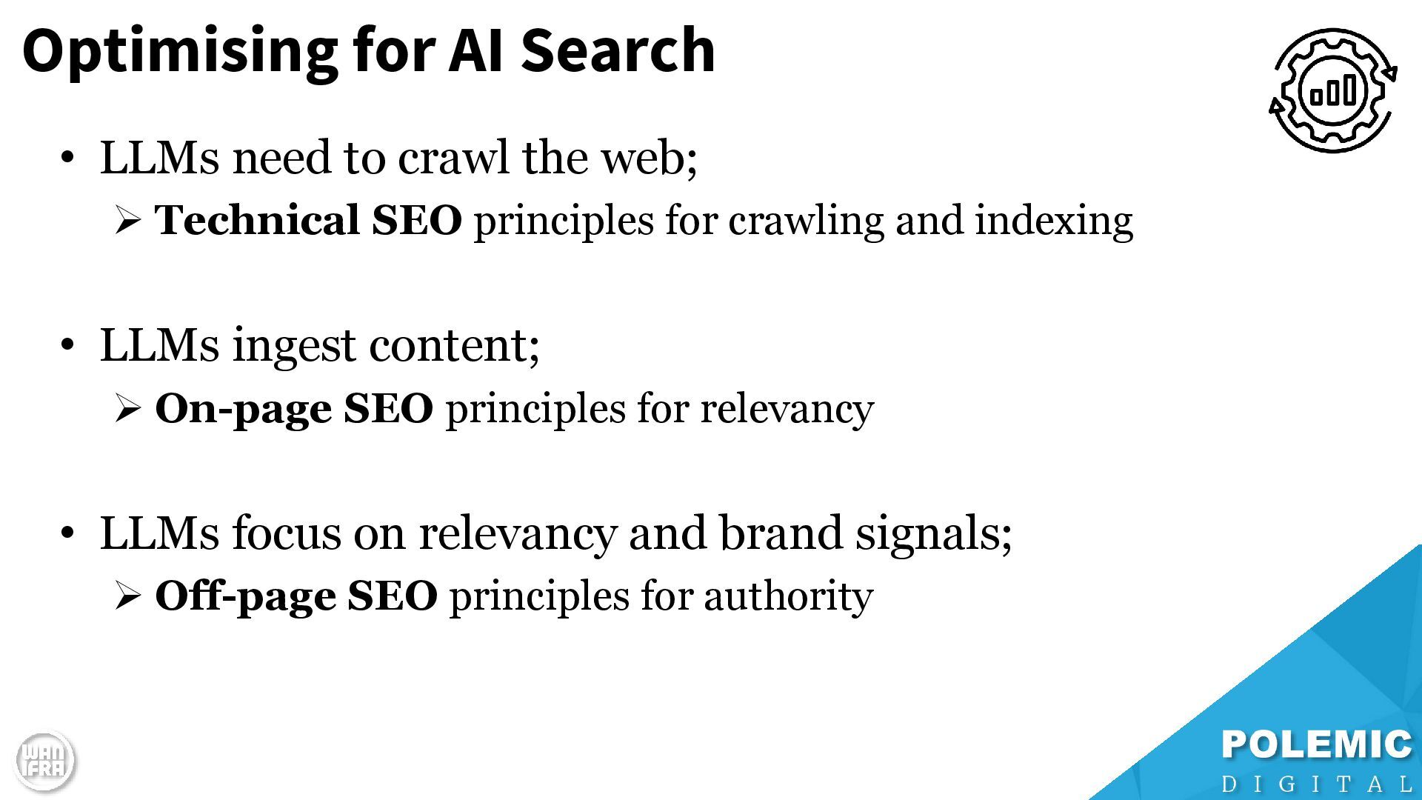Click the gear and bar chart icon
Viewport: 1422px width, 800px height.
click(1332, 90)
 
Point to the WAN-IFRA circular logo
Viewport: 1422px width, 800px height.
click(44, 761)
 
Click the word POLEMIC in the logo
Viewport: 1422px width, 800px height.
click(1316, 744)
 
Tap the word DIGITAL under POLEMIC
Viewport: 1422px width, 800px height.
click(1316, 784)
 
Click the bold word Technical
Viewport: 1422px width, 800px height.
click(256, 221)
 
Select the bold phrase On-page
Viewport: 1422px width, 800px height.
click(243, 409)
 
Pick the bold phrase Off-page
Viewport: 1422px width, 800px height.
click(244, 596)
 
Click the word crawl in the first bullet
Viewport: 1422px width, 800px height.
click(453, 158)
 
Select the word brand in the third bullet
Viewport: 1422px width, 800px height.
click(781, 533)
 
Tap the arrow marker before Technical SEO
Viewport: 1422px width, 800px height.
click(127, 221)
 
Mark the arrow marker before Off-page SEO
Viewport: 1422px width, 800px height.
click(127, 596)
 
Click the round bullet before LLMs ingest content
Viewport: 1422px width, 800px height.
click(67, 345)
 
